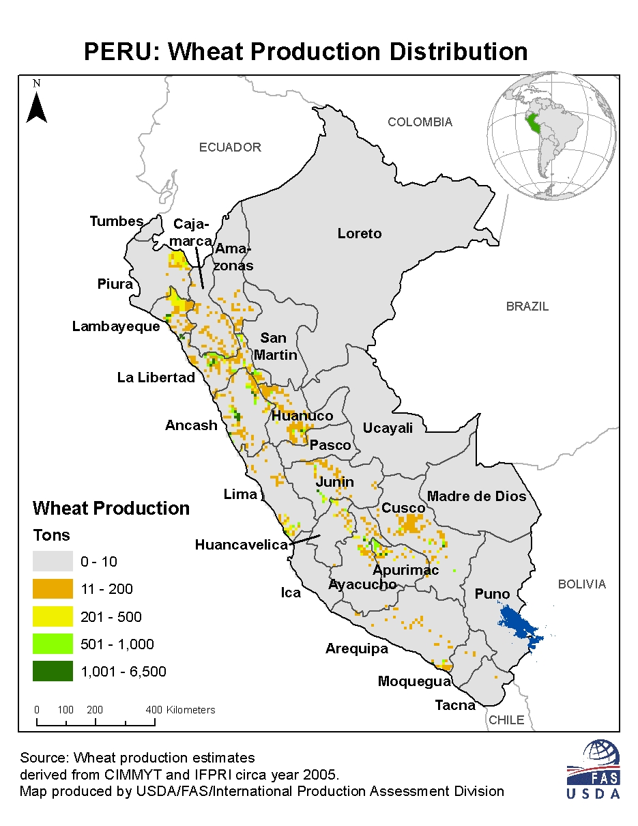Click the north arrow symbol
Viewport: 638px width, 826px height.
36,106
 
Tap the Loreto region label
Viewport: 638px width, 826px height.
360,233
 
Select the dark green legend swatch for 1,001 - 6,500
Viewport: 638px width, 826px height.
53,672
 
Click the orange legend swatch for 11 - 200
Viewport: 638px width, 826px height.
53,589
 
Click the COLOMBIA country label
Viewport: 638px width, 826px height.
420,122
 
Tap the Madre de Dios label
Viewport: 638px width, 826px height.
477,496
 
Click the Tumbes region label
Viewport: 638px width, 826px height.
117,221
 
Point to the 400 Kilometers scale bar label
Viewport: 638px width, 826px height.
181,710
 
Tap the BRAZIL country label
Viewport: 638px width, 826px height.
527,307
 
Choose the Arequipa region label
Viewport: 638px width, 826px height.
356,649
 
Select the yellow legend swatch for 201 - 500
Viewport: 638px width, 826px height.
53,617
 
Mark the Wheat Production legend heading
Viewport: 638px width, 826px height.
111,509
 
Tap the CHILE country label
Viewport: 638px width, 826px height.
507,720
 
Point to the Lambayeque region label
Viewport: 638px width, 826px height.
116,326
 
